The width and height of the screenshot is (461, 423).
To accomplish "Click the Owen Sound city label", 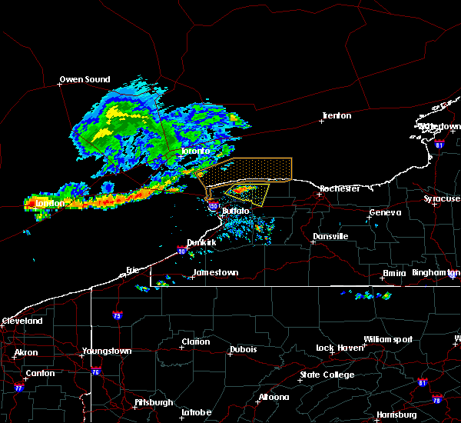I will [85, 79].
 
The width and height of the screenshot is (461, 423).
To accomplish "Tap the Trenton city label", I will [337, 116].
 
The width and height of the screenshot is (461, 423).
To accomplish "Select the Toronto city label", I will [195, 152].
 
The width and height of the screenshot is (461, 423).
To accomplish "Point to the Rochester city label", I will [340, 188].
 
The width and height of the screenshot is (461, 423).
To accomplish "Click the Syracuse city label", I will [442, 199].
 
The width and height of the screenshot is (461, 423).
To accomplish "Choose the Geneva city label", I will [385, 213].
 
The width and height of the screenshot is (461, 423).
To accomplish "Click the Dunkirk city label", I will [202, 241].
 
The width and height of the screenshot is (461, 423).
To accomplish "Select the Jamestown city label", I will [215, 272].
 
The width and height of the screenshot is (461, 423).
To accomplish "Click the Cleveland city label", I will [22, 321].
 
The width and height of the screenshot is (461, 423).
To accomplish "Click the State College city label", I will [327, 375].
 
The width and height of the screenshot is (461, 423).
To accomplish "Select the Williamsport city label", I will [388, 339].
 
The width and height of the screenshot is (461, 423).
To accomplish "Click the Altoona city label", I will [274, 397].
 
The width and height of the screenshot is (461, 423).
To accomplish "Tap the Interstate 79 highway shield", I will [118, 315].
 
